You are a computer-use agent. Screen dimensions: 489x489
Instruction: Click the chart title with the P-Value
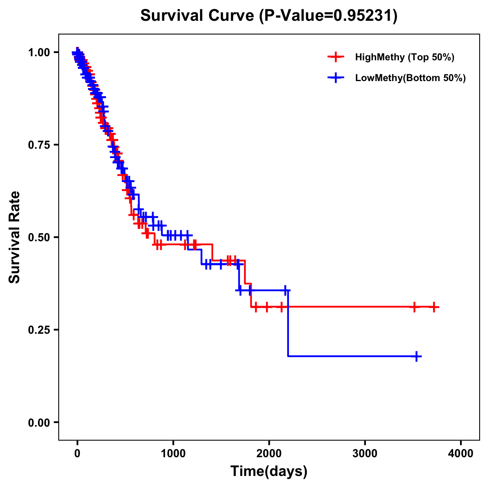point(269,15)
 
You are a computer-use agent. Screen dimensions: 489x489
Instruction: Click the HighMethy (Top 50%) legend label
point(404,57)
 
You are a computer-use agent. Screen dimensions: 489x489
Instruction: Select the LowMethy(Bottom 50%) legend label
point(410,78)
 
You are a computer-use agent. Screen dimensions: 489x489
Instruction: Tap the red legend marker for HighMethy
point(335,57)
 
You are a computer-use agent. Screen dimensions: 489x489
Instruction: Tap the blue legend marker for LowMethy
point(335,78)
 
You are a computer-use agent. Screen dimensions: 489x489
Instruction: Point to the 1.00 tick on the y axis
point(39,52)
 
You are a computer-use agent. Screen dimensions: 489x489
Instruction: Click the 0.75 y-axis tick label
point(39,145)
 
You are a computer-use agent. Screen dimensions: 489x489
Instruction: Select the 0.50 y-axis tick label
point(39,237)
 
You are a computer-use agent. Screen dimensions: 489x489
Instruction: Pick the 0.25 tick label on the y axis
point(39,330)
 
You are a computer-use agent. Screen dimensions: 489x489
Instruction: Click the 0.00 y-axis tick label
point(39,422)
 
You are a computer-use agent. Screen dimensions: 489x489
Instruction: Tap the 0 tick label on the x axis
point(77,453)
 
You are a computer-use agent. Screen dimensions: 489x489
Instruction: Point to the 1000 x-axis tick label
point(173,453)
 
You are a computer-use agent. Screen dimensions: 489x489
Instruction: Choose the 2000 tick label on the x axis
point(269,453)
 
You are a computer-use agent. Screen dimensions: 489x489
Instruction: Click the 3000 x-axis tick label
point(365,453)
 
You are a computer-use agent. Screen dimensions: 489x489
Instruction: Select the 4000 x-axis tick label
point(461,453)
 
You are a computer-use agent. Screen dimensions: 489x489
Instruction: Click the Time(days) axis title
point(269,471)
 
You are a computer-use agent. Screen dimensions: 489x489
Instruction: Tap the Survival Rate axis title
point(15,237)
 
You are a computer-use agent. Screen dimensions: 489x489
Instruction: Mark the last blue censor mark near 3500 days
point(416,356)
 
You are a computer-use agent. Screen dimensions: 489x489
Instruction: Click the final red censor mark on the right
point(434,307)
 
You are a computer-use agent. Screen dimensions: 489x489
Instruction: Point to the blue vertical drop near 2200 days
point(288,324)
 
